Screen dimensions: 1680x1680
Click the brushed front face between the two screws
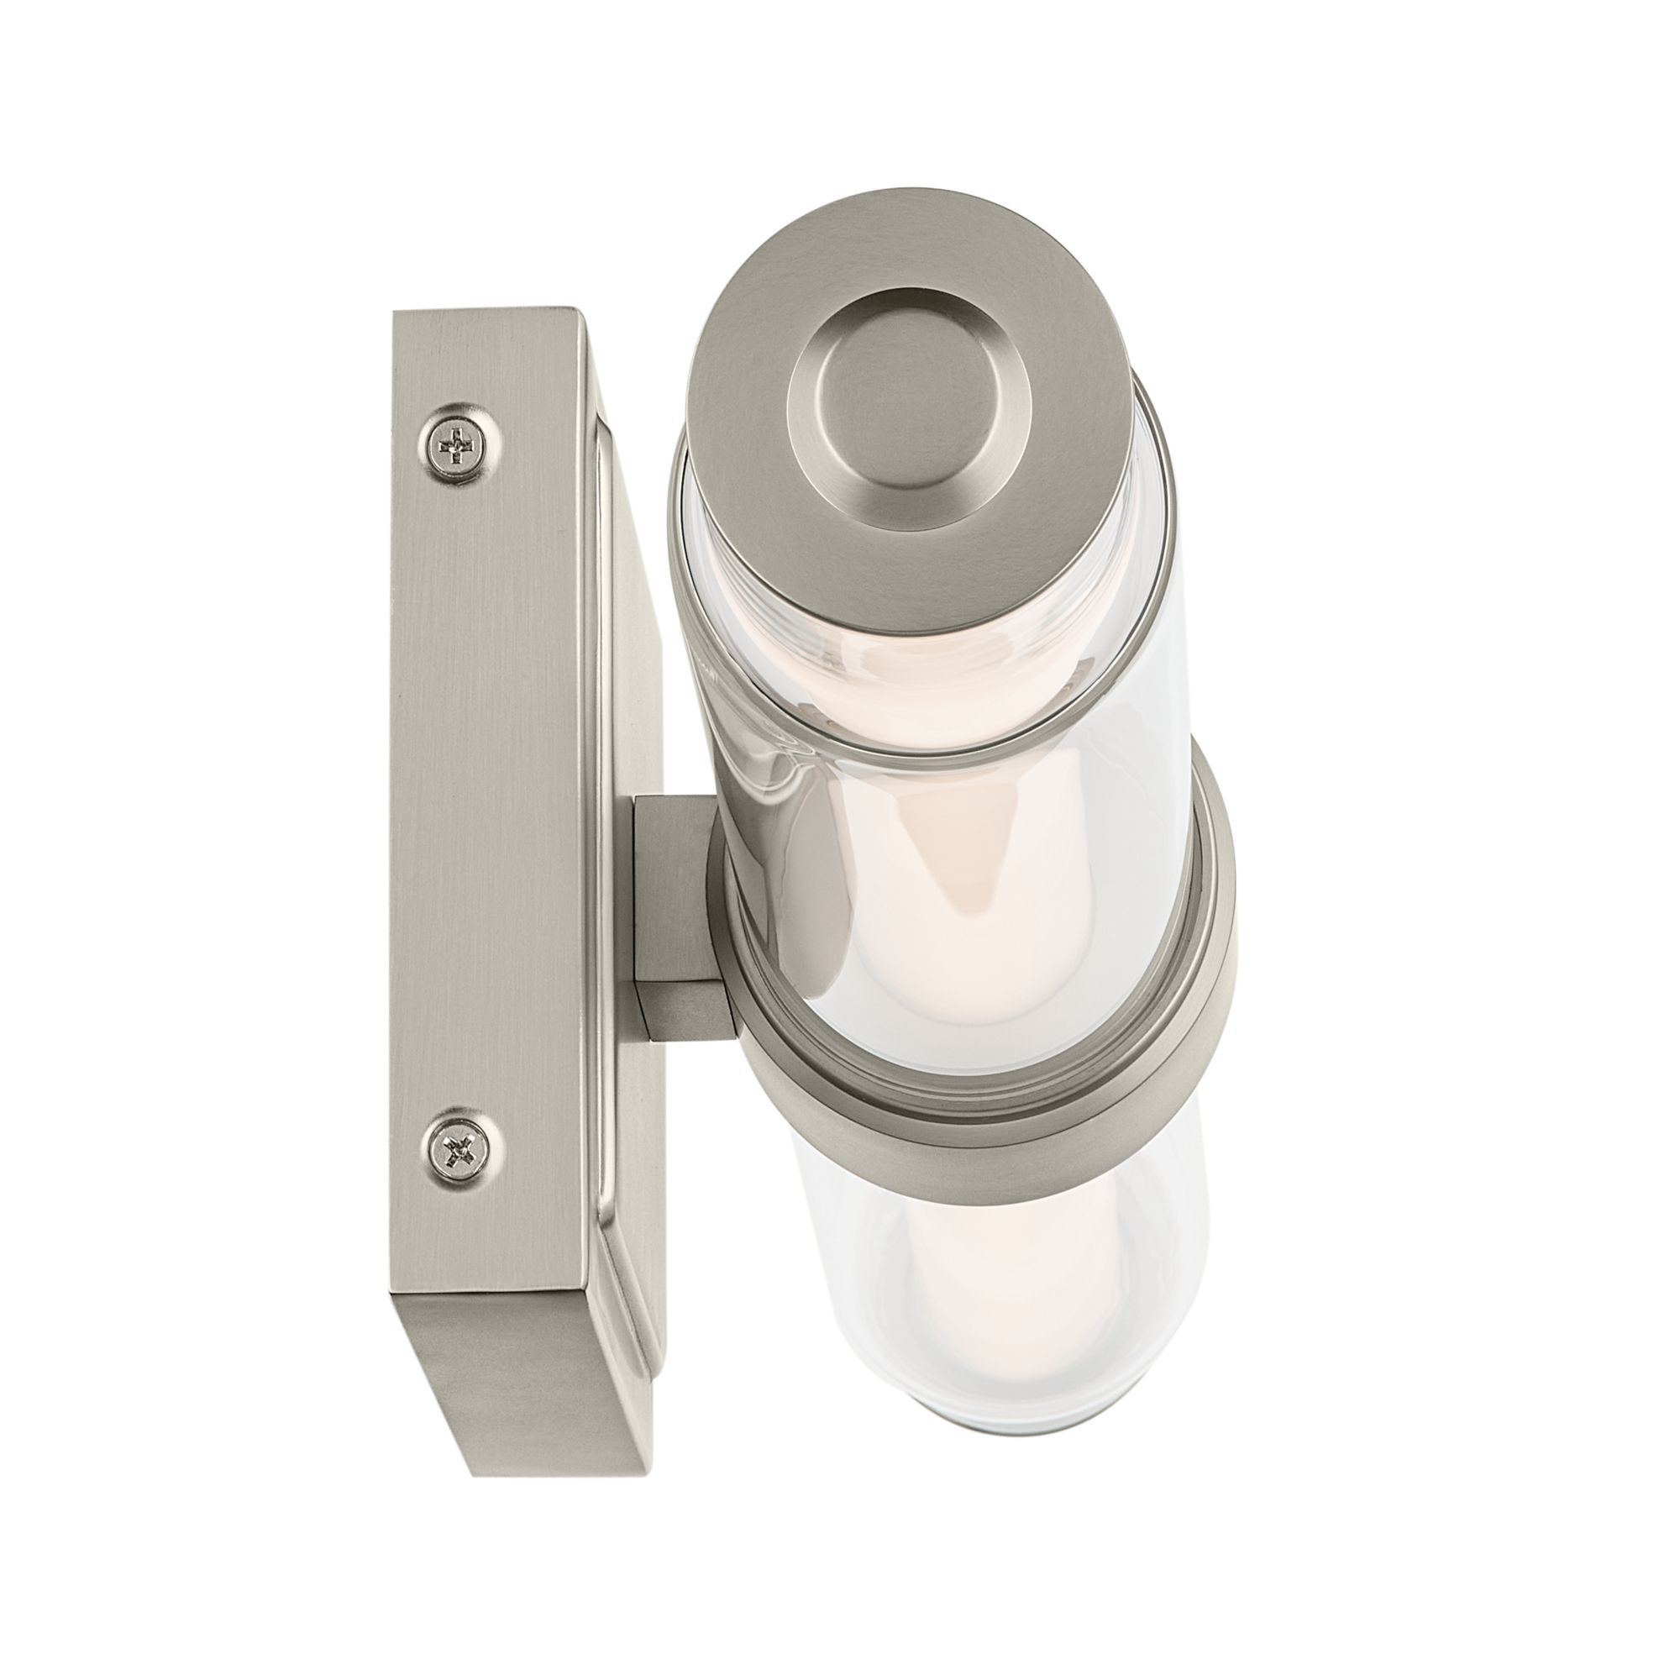pyautogui.click(x=487, y=800)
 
